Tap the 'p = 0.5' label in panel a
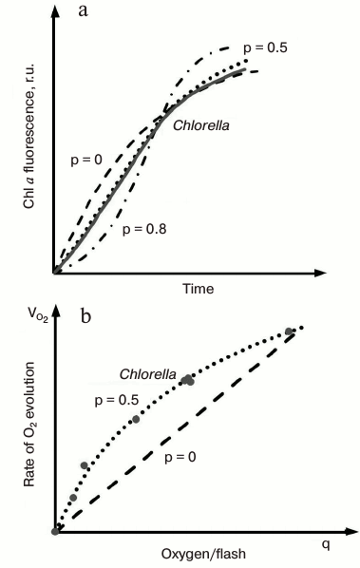click(x=265, y=47)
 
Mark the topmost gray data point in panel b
click(x=289, y=331)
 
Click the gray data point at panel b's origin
click(x=55, y=530)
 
